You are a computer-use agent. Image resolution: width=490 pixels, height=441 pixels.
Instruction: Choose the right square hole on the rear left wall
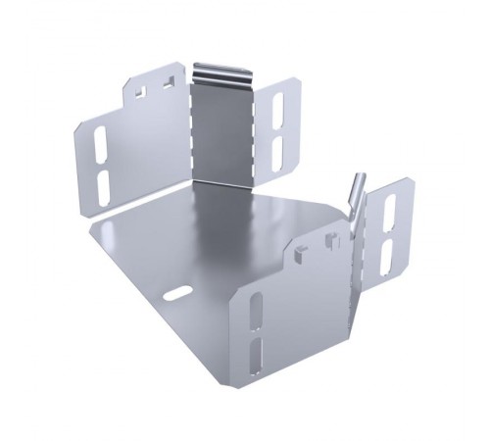point(169,85)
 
